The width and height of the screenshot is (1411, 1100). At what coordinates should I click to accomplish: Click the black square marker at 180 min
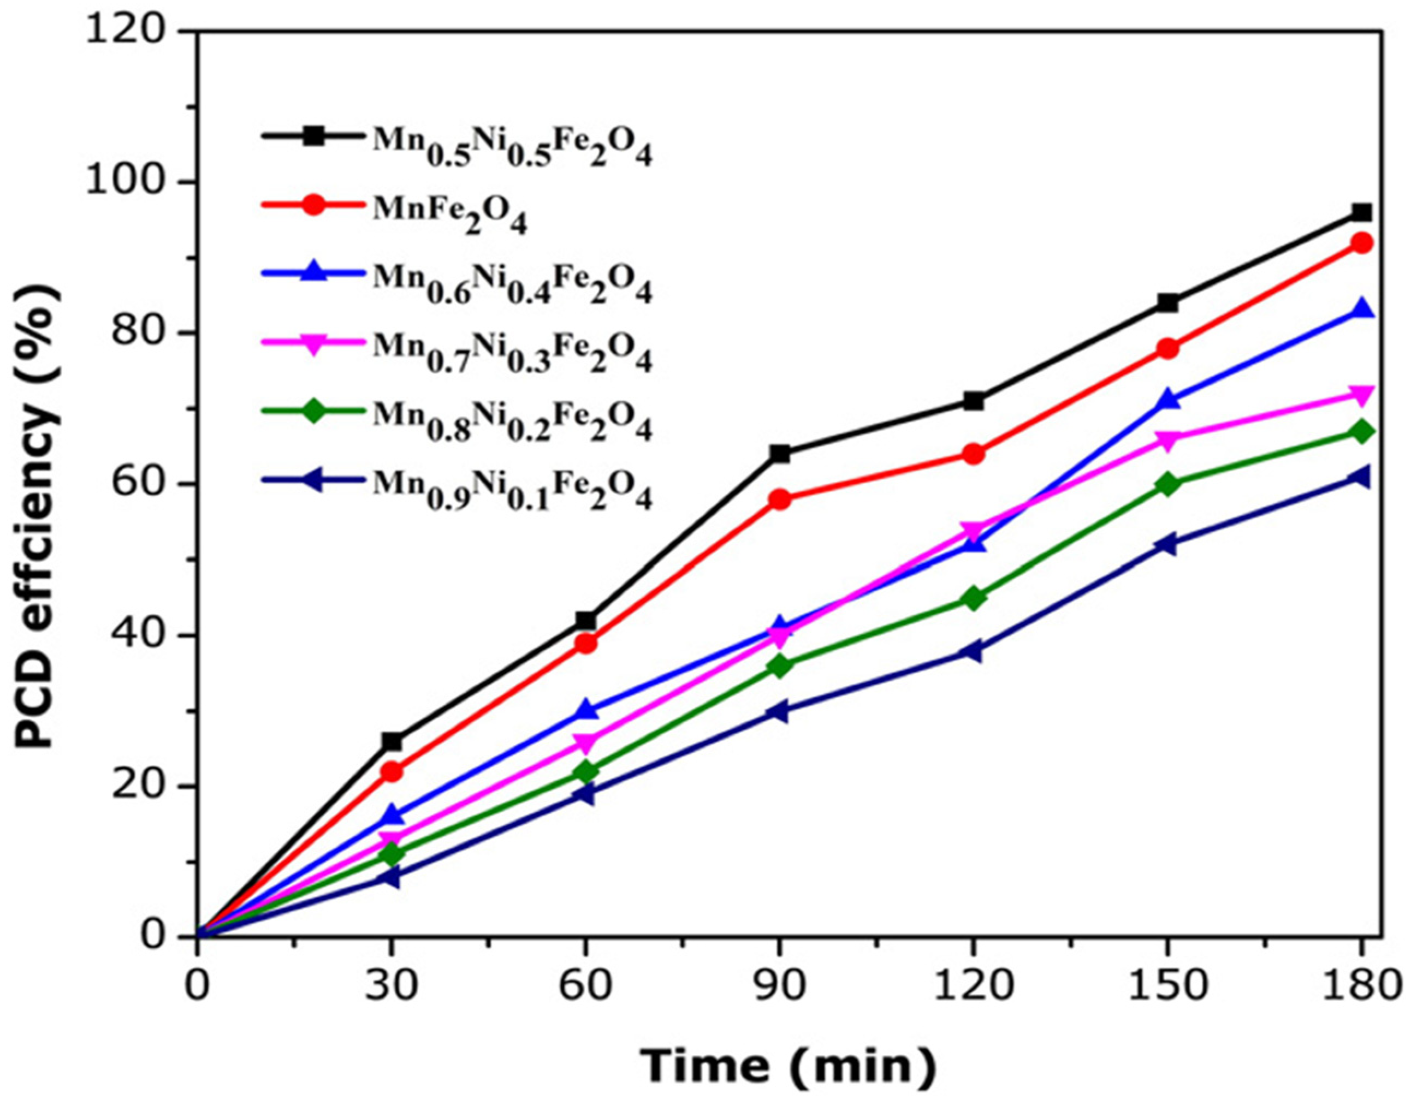(1362, 212)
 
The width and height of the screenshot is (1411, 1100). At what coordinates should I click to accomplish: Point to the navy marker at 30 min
(392, 878)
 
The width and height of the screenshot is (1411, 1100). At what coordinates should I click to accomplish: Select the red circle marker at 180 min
(1362, 243)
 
